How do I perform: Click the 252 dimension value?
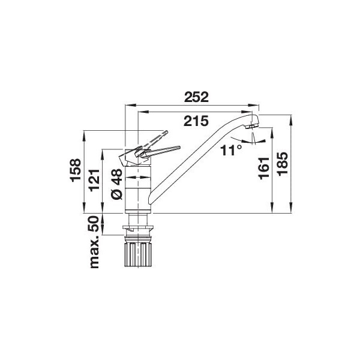pyautogui.click(x=196, y=97)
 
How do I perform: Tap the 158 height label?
pyautogui.click(x=76, y=170)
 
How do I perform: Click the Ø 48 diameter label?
pyautogui.click(x=117, y=184)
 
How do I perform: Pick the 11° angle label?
pyautogui.click(x=231, y=151)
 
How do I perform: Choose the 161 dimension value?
pyautogui.click(x=263, y=168)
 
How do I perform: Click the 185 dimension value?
pyautogui.click(x=283, y=164)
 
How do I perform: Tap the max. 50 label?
pyautogui.click(x=95, y=242)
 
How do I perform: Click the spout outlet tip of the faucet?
pyautogui.click(x=252, y=126)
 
